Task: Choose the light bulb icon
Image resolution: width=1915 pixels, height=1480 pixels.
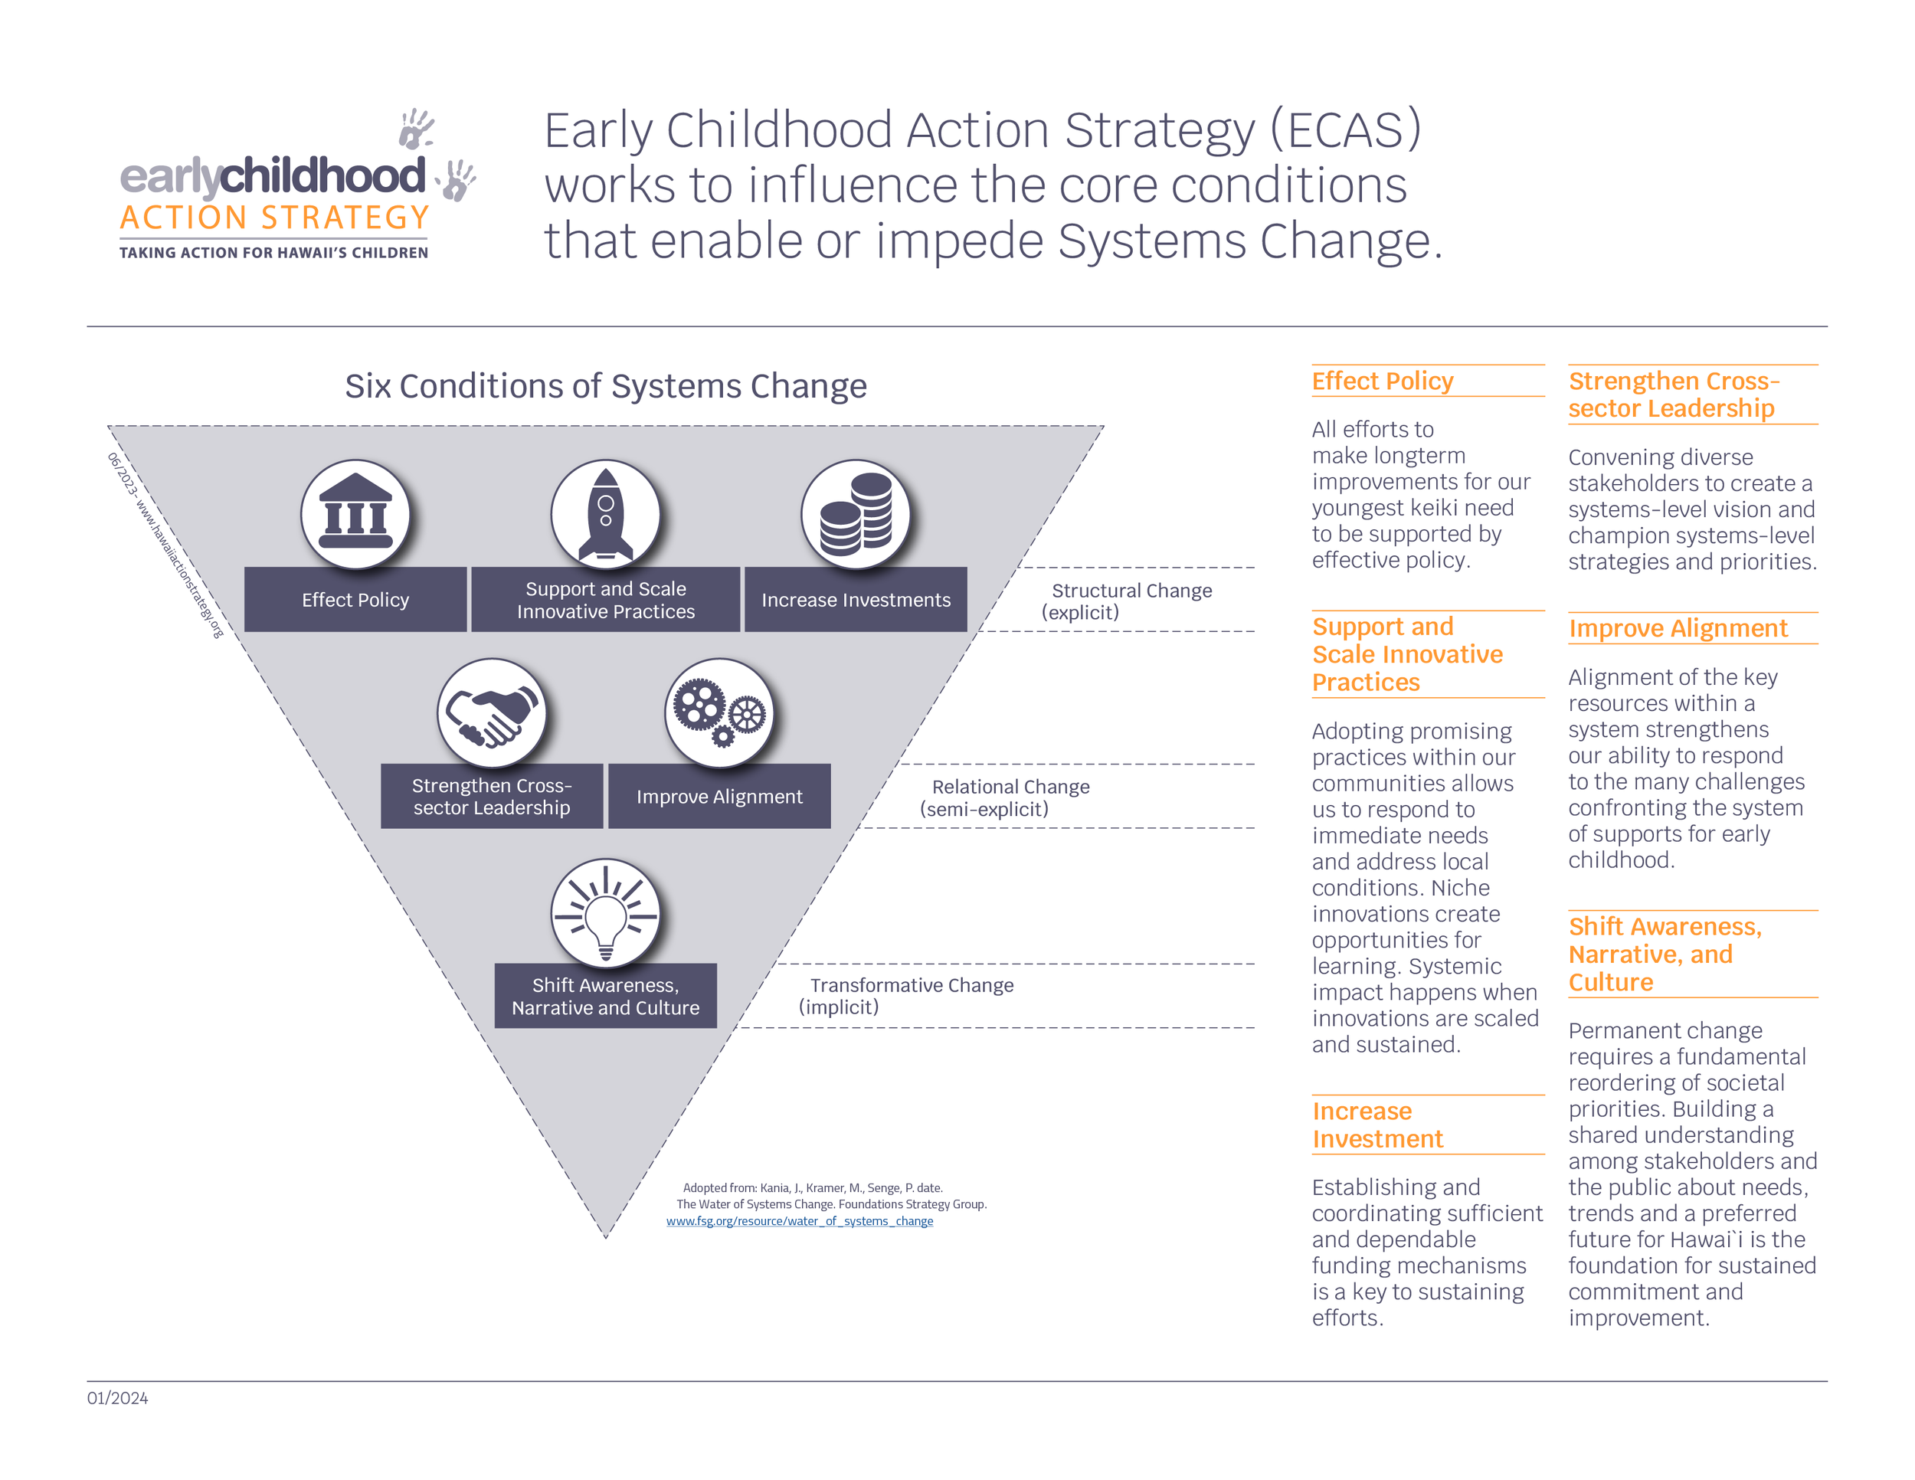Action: [x=605, y=912]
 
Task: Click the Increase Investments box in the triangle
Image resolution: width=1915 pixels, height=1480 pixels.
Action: [x=855, y=600]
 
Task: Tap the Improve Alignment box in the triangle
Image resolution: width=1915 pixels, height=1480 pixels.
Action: [x=719, y=796]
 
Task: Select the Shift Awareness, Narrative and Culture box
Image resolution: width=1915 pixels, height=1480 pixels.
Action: [x=605, y=996]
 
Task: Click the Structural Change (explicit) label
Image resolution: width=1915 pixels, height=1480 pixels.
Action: [x=1126, y=601]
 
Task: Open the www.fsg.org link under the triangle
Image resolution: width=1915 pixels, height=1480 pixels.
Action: [x=799, y=1220]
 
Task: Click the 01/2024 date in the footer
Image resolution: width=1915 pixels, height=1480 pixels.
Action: [x=117, y=1397]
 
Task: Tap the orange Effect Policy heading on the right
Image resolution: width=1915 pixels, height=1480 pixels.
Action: [x=1382, y=381]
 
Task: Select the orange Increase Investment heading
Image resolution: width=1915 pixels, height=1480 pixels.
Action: [x=1377, y=1125]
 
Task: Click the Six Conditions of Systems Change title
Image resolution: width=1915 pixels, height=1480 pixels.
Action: [x=605, y=386]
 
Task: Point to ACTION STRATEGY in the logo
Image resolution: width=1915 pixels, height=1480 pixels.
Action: [x=274, y=218]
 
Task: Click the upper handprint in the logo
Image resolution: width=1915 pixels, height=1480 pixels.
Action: [x=416, y=128]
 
